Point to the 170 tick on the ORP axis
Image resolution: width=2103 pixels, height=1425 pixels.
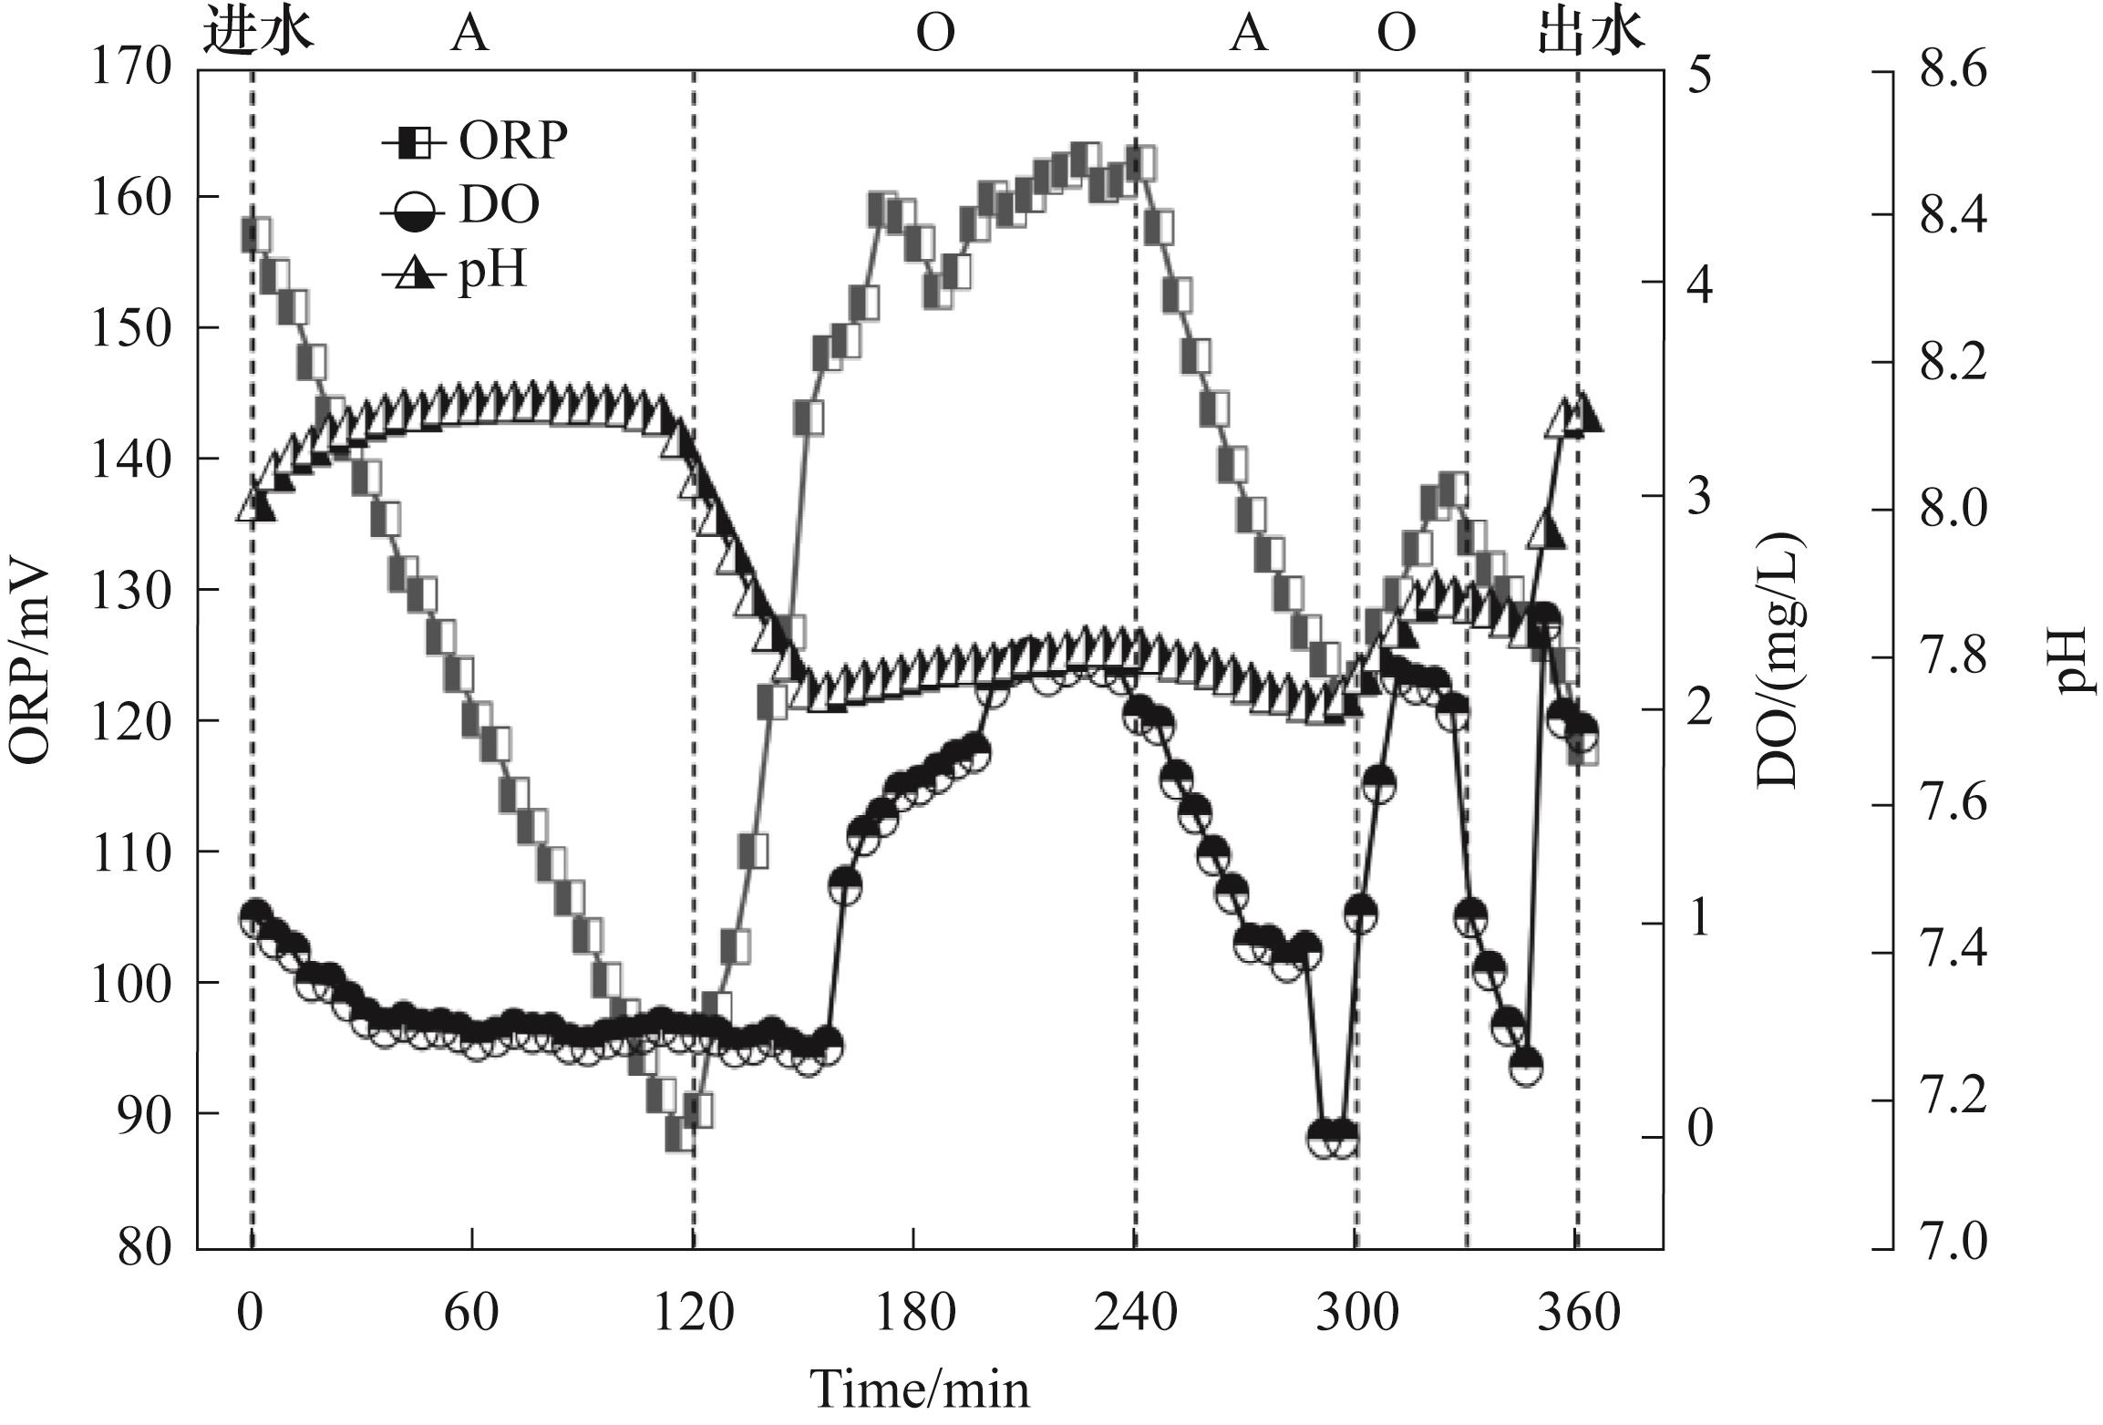coord(132,68)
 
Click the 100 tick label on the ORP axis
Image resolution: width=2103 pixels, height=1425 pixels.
coord(132,984)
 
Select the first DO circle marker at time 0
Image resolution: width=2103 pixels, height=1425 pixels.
coord(255,916)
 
